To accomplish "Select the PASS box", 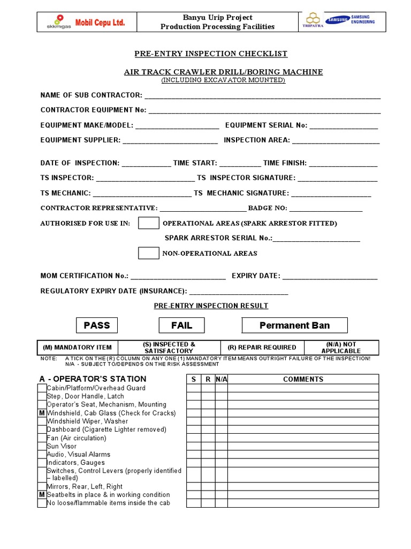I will pyautogui.click(x=97, y=325).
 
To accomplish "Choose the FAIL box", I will pyautogui.click(x=181, y=325).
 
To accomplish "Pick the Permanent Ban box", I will pyautogui.click(x=294, y=325).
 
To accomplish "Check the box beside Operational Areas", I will pyautogui.click(x=148, y=223).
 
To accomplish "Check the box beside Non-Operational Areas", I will pyautogui.click(x=148, y=253).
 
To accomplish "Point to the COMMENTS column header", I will pyautogui.click(x=303, y=379).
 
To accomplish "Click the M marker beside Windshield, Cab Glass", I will pyautogui.click(x=42, y=413).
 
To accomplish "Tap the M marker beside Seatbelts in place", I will pyautogui.click(x=42, y=495).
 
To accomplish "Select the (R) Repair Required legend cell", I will pyautogui.click(x=262, y=347).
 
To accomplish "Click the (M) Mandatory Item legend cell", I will pyautogui.click(x=77, y=347).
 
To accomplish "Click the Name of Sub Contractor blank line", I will pyautogui.click(x=262, y=97).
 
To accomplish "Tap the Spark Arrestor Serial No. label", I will pyautogui.click(x=218, y=238).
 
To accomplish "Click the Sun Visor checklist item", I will pyautogui.click(x=62, y=446).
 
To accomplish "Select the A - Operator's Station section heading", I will pyautogui.click(x=93, y=379).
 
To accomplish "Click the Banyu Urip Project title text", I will pyautogui.click(x=218, y=18).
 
